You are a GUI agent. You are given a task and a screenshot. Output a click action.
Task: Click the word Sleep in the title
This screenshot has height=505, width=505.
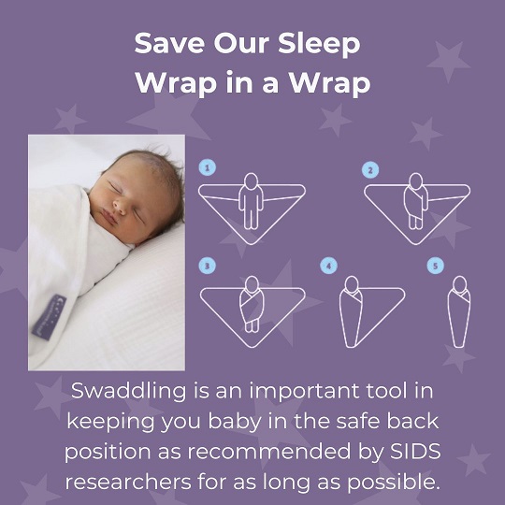coord(319,45)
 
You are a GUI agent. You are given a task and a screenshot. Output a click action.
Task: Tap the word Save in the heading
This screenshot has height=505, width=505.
coord(169,43)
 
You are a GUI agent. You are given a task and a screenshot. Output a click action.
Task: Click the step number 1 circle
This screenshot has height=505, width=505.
coord(207,167)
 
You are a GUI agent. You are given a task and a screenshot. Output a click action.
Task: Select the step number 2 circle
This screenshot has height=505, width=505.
coord(370,170)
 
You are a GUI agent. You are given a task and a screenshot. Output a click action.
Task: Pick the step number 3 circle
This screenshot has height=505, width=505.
coord(207,266)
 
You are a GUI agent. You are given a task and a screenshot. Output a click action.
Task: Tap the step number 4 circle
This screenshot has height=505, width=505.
coord(328,266)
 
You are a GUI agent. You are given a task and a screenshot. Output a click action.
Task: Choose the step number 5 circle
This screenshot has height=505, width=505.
coord(436,266)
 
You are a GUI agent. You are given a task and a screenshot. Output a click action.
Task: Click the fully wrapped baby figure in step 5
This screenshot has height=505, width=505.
coord(459,311)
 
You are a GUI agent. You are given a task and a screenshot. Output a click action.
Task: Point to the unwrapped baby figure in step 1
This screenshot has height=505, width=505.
coord(252,201)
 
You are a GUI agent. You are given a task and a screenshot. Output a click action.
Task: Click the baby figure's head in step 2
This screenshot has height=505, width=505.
coord(416,180)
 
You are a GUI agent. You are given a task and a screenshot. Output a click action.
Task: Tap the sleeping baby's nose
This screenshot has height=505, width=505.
coord(119,206)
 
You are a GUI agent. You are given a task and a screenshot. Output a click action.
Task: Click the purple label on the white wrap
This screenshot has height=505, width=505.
coord(49,317)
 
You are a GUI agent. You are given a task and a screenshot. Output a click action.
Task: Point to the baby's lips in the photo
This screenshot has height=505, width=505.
coord(109,217)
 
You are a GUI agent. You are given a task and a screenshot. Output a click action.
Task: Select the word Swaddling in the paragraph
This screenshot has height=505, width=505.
coord(128,392)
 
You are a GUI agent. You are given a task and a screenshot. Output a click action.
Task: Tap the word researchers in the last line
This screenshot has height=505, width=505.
coord(128,483)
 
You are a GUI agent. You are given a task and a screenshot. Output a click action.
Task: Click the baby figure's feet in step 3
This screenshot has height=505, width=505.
coord(252,326)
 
